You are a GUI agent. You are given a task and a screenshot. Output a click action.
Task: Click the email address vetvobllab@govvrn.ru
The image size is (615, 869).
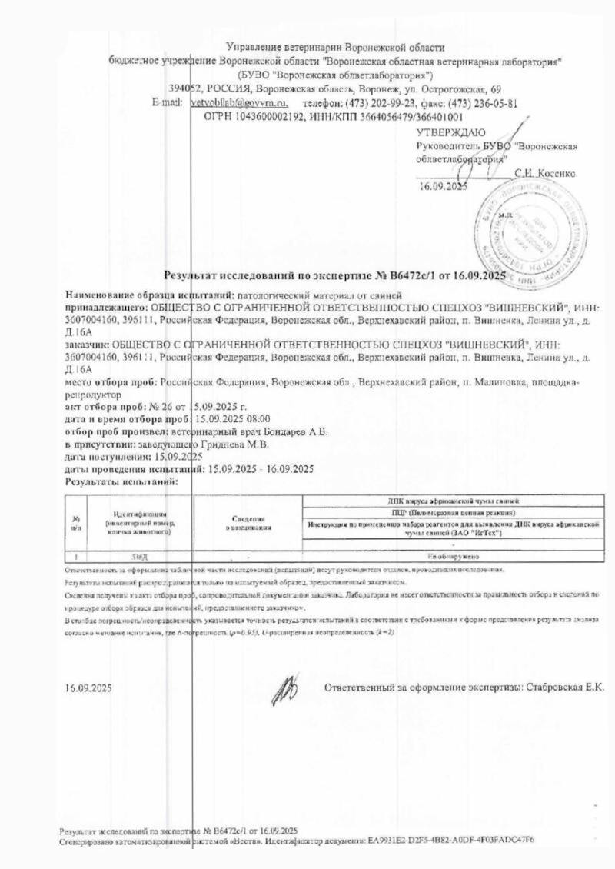(x=238, y=102)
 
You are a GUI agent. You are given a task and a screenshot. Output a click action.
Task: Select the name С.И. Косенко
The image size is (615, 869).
(x=544, y=172)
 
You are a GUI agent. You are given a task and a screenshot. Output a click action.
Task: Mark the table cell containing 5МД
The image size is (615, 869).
(x=135, y=554)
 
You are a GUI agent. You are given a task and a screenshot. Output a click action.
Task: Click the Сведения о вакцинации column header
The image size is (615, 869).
(x=248, y=524)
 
